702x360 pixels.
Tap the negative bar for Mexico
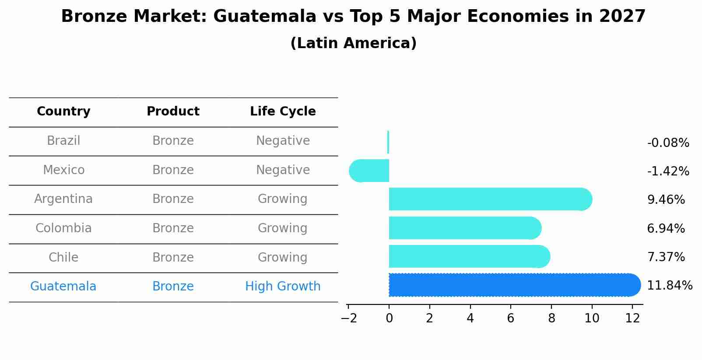pyautogui.click(x=370, y=171)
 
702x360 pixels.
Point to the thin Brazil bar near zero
pyautogui.click(x=388, y=142)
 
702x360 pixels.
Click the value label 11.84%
pyautogui.click(x=669, y=286)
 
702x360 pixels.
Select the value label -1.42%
pyautogui.click(x=668, y=171)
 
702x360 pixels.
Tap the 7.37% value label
pyautogui.click(x=666, y=257)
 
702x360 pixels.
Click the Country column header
pyautogui.click(x=63, y=112)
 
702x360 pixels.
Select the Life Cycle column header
pyautogui.click(x=283, y=112)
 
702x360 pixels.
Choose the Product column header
pyautogui.click(x=173, y=112)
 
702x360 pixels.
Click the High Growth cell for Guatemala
pyautogui.click(x=283, y=287)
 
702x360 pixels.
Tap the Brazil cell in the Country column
pyautogui.click(x=63, y=141)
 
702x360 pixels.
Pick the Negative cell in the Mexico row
pyautogui.click(x=283, y=170)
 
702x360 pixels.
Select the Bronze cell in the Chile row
pyautogui.click(x=173, y=257)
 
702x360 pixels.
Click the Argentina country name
pyautogui.click(x=63, y=199)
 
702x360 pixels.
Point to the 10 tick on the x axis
pyautogui.click(x=592, y=318)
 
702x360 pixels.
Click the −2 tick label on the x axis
pyautogui.click(x=349, y=318)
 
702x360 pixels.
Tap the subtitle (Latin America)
pyautogui.click(x=353, y=43)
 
